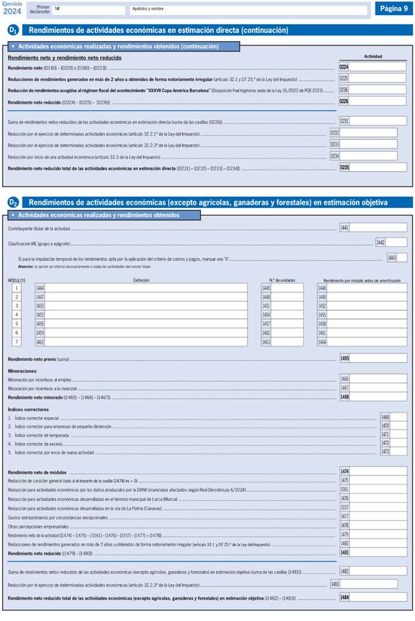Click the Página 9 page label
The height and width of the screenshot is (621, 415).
(x=394, y=8)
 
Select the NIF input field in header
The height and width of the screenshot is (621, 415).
(x=89, y=10)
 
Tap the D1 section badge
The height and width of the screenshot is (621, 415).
(x=13, y=30)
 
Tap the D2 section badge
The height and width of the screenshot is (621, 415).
(x=13, y=202)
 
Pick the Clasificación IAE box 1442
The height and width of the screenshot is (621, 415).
(x=396, y=242)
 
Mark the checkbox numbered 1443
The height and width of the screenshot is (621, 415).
(x=401, y=257)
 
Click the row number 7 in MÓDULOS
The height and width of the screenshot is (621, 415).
(x=16, y=342)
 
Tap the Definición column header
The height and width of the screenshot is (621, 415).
(x=141, y=280)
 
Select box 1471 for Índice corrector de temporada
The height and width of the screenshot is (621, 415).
(x=397, y=434)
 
